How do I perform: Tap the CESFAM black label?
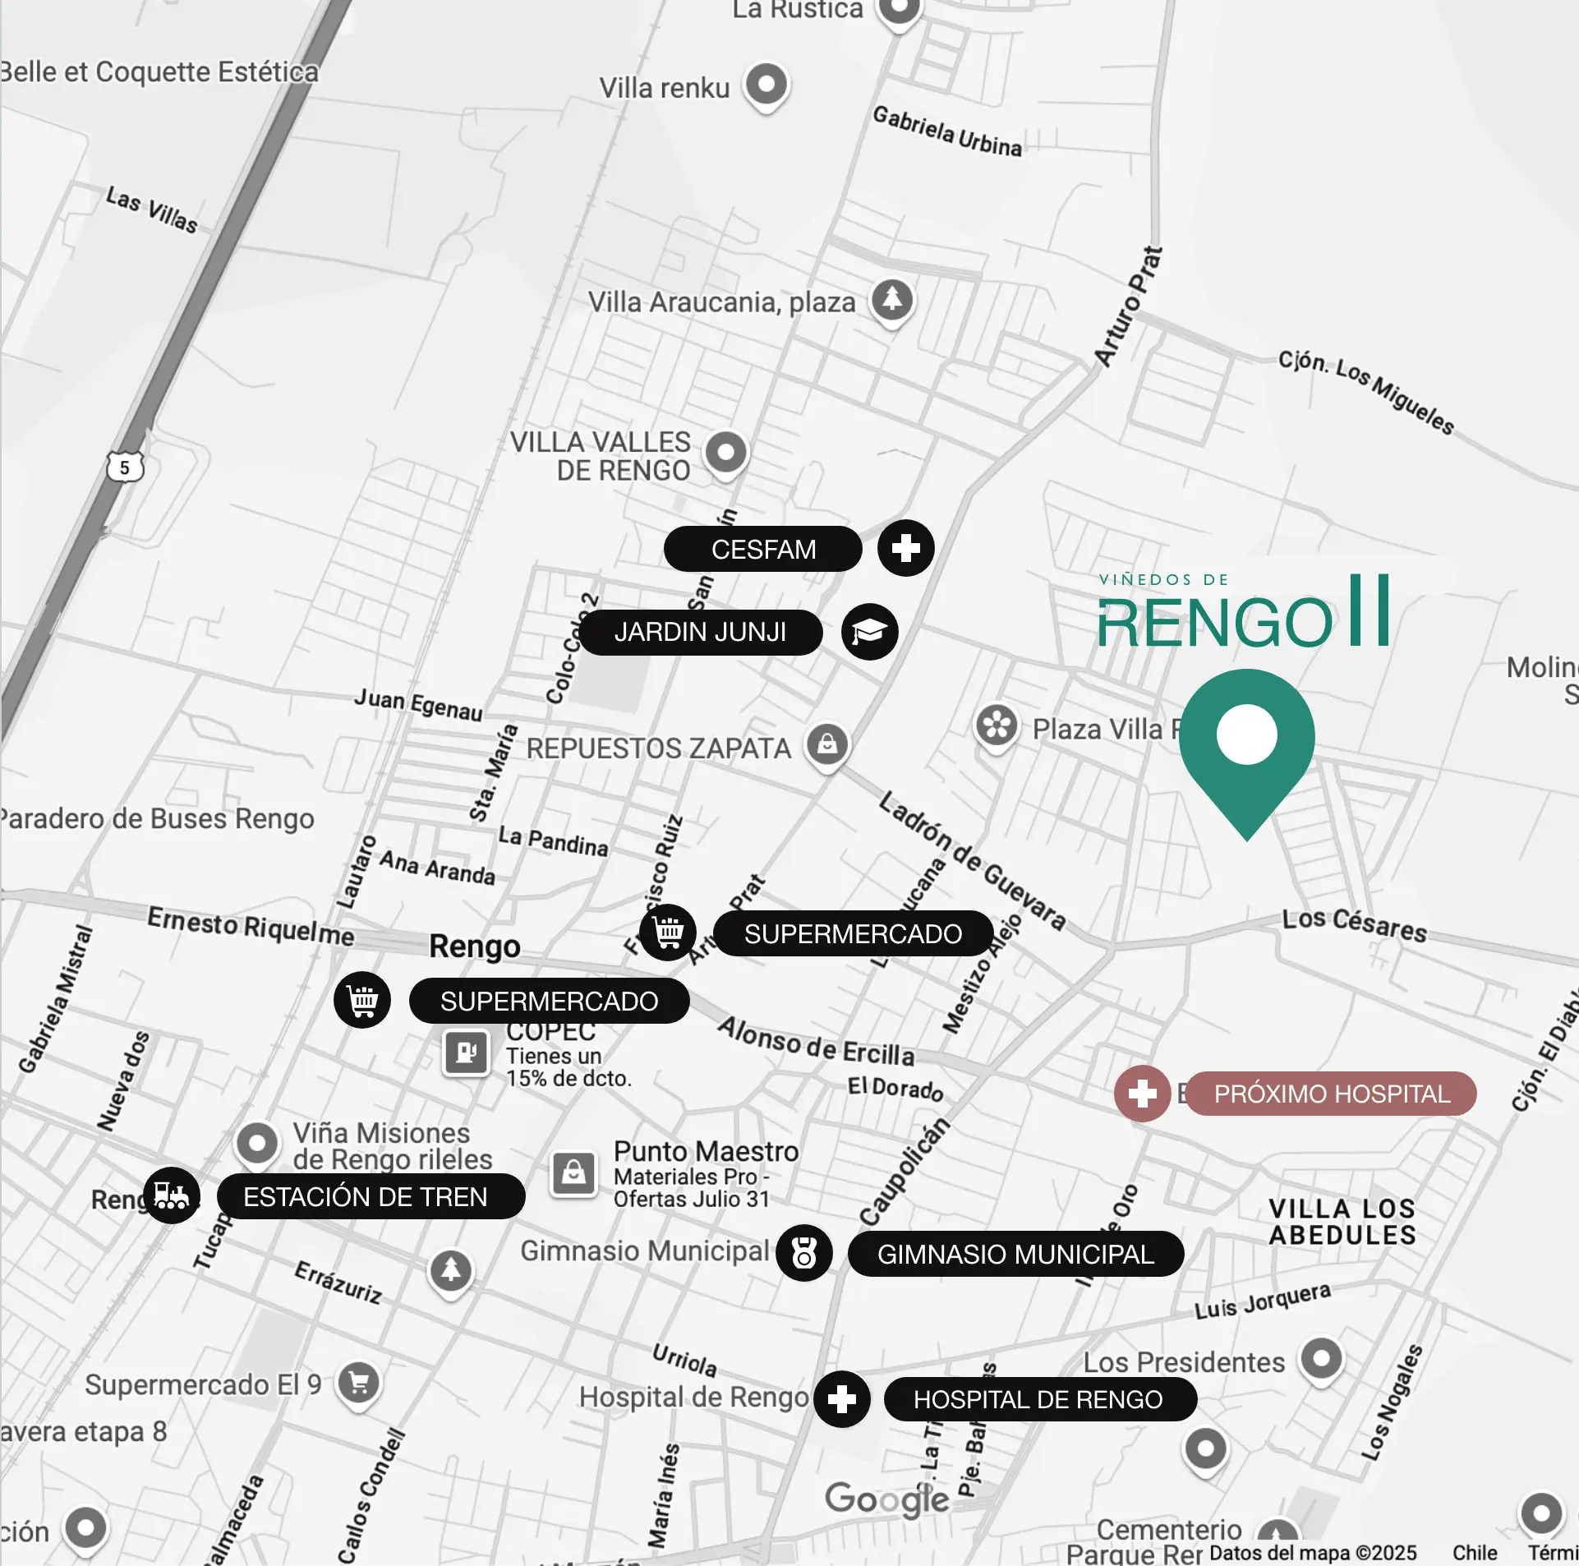pos(762,549)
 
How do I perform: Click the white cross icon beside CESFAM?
pos(905,548)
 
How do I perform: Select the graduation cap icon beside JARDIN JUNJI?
pos(869,632)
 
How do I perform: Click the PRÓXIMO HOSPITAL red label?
pos(1331,1094)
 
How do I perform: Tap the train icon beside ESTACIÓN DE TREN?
pos(171,1195)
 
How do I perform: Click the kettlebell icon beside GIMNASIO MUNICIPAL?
pos(804,1253)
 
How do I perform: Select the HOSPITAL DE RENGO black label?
pos(1039,1399)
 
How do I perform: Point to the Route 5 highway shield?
pos(125,467)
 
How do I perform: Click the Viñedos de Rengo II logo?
pos(1243,612)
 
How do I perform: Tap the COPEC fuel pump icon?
pos(467,1052)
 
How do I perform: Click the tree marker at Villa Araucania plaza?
pos(892,300)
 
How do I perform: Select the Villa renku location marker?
pos(766,85)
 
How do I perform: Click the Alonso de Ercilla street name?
pos(816,1041)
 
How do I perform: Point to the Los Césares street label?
pos(1354,924)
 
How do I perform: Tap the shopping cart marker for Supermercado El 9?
pos(359,1383)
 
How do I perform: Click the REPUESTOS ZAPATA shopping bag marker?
pos(827,744)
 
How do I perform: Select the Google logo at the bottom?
pos(887,1499)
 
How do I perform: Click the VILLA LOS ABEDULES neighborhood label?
pos(1342,1222)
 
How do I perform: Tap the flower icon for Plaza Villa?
pos(997,725)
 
